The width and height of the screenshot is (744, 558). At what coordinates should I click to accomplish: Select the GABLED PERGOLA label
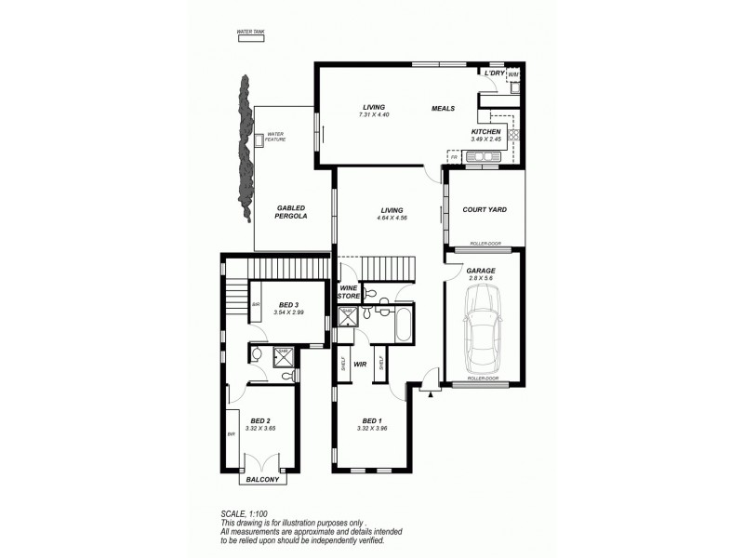[x=290, y=212]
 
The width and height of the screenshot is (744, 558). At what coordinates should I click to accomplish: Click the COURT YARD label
[x=484, y=210]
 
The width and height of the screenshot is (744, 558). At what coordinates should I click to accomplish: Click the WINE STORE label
[x=348, y=292]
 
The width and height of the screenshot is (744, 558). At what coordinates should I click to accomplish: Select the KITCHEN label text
[x=485, y=132]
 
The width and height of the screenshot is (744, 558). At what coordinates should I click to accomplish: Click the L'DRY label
[x=493, y=72]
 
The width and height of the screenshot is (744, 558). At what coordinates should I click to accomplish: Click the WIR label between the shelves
[x=359, y=365]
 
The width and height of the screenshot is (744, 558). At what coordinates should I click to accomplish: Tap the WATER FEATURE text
[x=276, y=137]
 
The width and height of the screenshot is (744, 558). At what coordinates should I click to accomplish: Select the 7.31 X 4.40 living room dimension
[x=372, y=114]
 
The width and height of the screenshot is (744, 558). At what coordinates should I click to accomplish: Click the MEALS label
[x=443, y=108]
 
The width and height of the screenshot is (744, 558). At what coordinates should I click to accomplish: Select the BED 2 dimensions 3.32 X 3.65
[x=259, y=429]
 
